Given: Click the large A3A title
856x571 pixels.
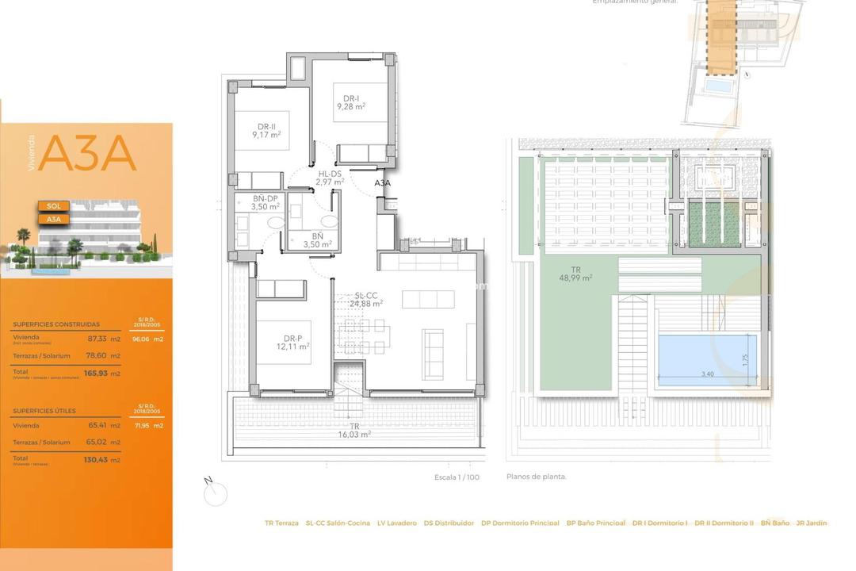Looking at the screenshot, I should pyautogui.click(x=87, y=155).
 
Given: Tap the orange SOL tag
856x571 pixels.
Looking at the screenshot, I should pyautogui.click(x=54, y=206).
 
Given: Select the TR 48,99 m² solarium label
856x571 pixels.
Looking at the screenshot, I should pyautogui.click(x=575, y=273).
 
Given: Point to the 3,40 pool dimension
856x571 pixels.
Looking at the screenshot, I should pyautogui.click(x=708, y=374).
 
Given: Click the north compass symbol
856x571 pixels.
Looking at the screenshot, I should pyautogui.click(x=215, y=493).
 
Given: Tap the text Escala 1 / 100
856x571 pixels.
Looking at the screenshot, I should pyautogui.click(x=457, y=477).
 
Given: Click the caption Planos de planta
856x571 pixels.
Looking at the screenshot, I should pyautogui.click(x=537, y=477).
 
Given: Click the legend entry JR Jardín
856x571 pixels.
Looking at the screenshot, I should pyautogui.click(x=812, y=523).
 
